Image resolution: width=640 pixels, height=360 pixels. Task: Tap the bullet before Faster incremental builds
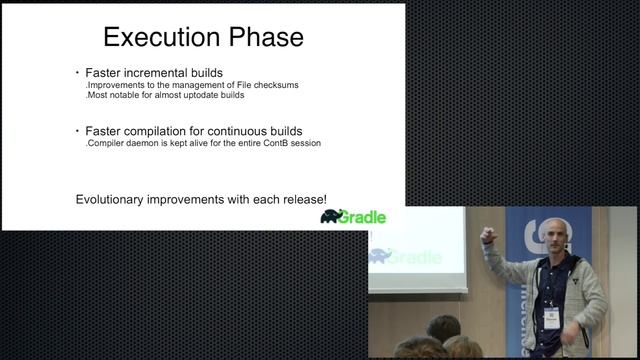point(76,73)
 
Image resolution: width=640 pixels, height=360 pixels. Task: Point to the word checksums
point(271,85)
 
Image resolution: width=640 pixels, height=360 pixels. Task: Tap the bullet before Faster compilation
point(76,131)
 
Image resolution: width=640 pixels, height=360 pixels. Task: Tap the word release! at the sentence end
point(302,199)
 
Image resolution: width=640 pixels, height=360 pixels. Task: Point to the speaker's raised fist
point(488,237)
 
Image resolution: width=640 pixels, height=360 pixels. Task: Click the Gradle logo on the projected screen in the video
point(405,256)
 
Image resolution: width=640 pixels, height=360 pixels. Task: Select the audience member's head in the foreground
point(443,328)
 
